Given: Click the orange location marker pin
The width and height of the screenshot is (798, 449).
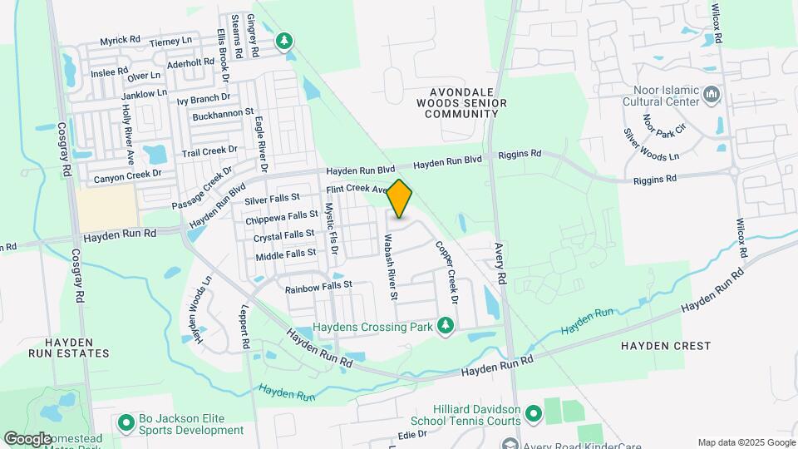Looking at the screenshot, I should point(399,199).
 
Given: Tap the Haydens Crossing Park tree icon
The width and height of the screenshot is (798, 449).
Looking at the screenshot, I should point(446,325).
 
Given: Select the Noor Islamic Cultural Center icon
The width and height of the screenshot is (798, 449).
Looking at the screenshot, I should point(711,96).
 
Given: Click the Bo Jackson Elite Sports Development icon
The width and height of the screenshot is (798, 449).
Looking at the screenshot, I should point(126,423).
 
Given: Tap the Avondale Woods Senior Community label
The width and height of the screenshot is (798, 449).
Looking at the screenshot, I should point(467,102).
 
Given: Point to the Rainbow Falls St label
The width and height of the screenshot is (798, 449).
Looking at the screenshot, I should point(318,287).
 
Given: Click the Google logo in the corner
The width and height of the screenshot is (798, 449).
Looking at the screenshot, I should point(27,438).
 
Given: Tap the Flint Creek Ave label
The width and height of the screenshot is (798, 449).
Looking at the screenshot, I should point(357,190).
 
